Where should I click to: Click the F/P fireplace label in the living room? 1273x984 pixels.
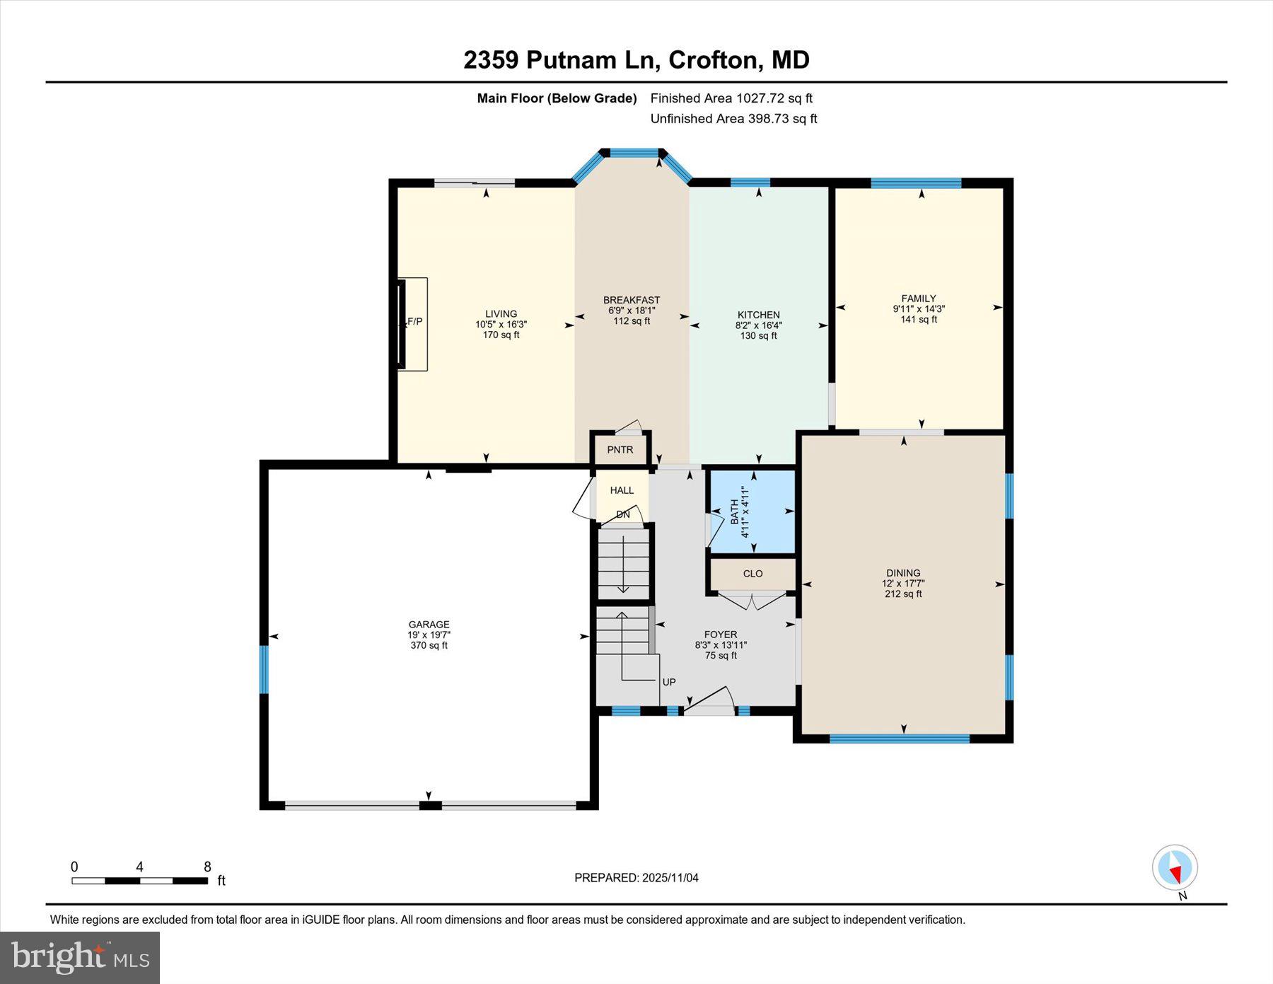415,322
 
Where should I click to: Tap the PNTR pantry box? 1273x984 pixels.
620,450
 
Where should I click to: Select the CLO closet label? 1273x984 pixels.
752,574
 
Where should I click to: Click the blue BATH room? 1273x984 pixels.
752,511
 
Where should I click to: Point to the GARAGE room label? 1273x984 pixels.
429,624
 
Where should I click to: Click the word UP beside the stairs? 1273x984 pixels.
669,682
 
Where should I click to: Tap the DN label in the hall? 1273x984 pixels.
622,514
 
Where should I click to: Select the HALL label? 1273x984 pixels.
622,490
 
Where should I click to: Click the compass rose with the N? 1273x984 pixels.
1175,867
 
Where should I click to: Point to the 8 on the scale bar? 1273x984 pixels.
207,867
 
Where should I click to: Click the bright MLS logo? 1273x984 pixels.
80,957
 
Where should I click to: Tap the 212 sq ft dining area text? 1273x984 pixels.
903,594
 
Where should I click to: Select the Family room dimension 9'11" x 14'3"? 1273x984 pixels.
918,309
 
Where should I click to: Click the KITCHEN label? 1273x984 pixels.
758,315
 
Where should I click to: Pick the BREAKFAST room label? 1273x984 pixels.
631,300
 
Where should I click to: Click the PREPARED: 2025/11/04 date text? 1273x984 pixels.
636,878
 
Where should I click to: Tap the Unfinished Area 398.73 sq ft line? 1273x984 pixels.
733,119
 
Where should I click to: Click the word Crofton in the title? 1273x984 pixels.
714,60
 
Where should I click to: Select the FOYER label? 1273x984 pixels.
721,635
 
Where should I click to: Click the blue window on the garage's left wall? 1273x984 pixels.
264,669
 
